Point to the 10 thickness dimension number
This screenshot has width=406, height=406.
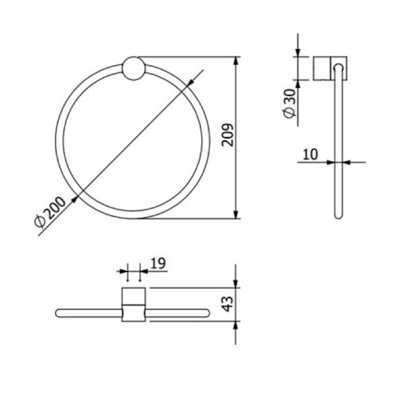click(310, 154)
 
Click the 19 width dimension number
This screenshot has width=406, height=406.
click(156, 262)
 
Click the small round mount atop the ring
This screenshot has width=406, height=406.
click(132, 70)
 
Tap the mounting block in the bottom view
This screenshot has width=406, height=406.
click(134, 304)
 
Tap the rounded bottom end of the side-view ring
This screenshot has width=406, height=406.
click(338, 215)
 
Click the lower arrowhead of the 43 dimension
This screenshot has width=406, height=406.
click(235, 325)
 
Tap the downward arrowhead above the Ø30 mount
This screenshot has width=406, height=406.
click(298, 53)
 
